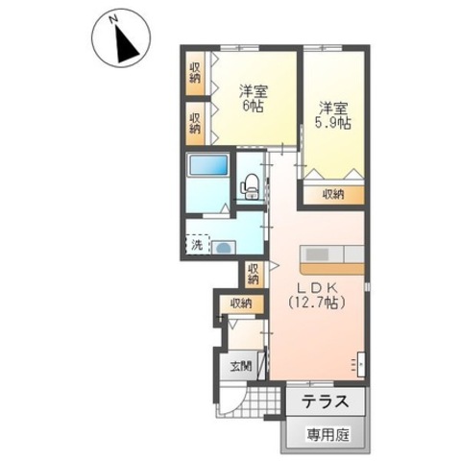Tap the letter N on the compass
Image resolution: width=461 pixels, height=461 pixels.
(x=112, y=20)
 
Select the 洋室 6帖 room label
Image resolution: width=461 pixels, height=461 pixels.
(x=253, y=98)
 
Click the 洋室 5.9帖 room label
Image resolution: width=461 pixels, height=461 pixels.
(x=333, y=115)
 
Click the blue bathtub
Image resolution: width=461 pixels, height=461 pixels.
(x=208, y=165)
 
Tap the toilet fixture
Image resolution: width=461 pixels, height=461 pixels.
(x=250, y=186)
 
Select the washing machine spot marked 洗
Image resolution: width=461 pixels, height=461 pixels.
(x=198, y=245)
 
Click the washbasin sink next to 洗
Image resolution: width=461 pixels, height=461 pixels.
(x=224, y=248)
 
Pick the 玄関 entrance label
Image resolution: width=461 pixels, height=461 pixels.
(x=241, y=366)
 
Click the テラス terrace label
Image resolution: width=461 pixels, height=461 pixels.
(x=326, y=401)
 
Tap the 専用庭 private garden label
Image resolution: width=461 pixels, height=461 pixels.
(x=328, y=434)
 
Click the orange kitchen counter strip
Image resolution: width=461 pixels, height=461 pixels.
(x=332, y=269)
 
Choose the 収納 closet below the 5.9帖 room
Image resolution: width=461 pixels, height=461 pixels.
(x=333, y=195)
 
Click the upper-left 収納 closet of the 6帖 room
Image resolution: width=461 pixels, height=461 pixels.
(x=195, y=73)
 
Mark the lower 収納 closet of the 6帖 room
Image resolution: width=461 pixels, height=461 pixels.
(x=195, y=124)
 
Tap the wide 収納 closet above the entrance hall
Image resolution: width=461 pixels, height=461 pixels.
(x=241, y=303)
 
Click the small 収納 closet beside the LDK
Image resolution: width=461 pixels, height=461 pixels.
(x=254, y=275)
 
